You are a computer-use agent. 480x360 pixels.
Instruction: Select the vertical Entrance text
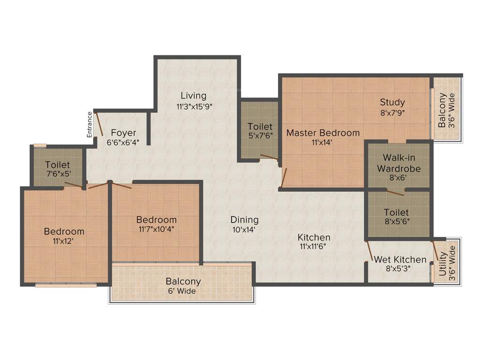click(89, 124)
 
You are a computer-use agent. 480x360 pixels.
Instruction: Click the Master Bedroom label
click(323, 133)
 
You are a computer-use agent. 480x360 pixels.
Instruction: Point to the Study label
click(392, 102)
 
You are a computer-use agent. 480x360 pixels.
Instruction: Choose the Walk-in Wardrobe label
click(399, 163)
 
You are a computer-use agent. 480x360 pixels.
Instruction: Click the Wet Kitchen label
click(400, 259)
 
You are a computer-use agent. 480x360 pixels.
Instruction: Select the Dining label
click(244, 219)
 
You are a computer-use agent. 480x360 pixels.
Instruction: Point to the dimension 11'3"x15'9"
click(195, 106)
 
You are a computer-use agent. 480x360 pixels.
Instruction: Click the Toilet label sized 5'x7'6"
click(260, 127)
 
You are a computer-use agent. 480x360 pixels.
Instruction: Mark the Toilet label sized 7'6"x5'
click(58, 165)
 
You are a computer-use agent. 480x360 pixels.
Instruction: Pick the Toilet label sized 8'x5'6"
click(396, 212)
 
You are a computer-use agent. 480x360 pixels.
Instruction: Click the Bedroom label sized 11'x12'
click(64, 231)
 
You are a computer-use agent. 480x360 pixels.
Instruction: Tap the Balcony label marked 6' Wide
click(183, 282)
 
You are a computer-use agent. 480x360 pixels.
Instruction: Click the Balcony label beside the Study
click(442, 111)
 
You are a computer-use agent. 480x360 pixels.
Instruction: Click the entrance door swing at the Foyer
click(98, 123)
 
